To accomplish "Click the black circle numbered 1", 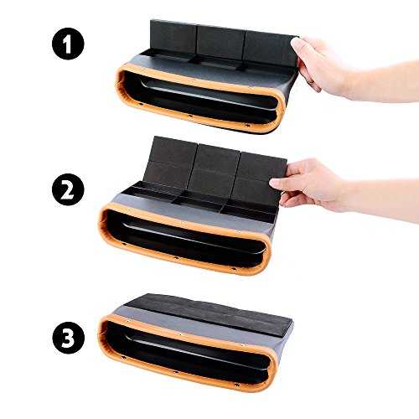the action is click(68, 44).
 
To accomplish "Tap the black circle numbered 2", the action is click(68, 189).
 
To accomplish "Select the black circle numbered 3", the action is click(68, 338).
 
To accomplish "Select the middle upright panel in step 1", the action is click(220, 43).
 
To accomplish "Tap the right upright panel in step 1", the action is click(270, 49).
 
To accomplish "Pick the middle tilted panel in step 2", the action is click(214, 170).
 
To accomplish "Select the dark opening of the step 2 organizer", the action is click(184, 237).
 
